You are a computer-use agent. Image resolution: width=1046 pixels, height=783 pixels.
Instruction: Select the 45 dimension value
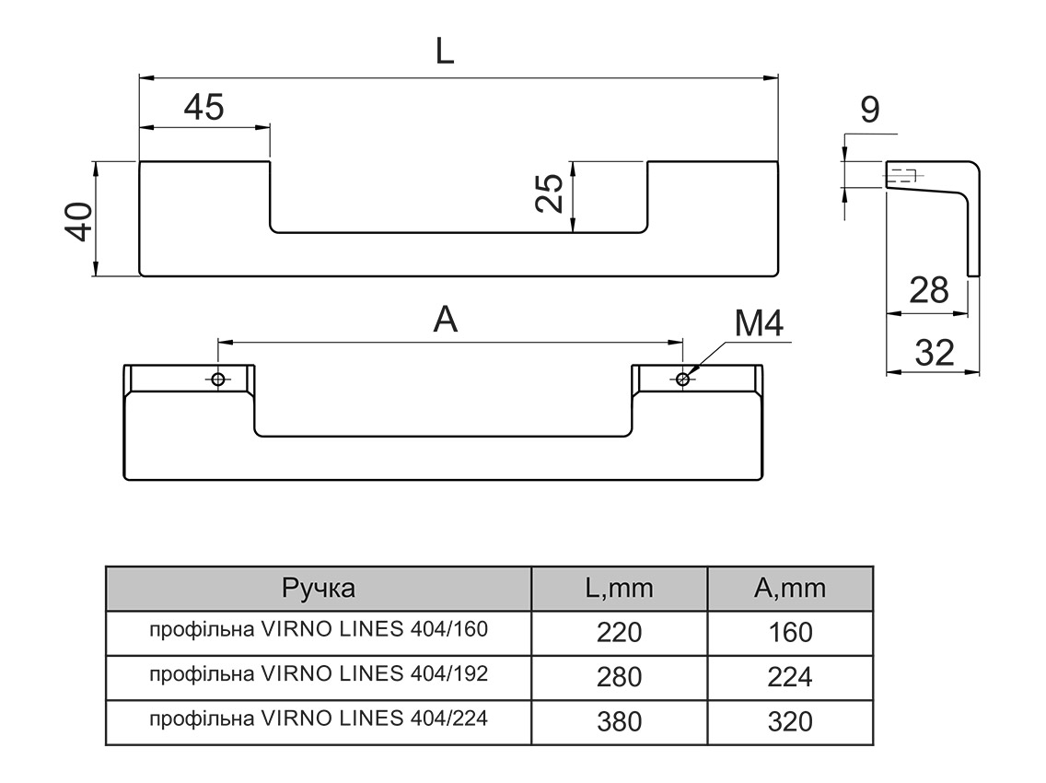pyautogui.click(x=203, y=108)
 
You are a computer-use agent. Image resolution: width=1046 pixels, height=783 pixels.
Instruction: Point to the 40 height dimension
pyautogui.click(x=79, y=220)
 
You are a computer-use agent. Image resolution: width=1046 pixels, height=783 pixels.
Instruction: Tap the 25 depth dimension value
pyautogui.click(x=550, y=194)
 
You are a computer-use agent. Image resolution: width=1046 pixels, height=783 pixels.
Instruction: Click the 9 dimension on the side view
pyautogui.click(x=869, y=110)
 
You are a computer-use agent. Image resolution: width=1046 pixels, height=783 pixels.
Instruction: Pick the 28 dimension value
pyautogui.click(x=927, y=290)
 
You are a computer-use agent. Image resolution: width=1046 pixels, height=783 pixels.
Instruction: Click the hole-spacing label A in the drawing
pyautogui.click(x=446, y=320)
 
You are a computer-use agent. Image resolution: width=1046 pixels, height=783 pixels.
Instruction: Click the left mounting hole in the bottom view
pyautogui.click(x=218, y=380)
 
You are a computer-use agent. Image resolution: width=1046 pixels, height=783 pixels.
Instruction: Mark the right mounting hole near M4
pyautogui.click(x=682, y=379)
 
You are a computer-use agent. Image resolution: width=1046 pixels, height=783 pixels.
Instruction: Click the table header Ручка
pyautogui.click(x=319, y=589)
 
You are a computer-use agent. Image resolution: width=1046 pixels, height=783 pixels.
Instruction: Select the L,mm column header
pyautogui.click(x=619, y=589)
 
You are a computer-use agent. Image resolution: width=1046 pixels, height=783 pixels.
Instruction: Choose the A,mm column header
pyautogui.click(x=789, y=589)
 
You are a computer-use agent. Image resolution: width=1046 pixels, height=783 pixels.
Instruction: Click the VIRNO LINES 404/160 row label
pyautogui.click(x=319, y=631)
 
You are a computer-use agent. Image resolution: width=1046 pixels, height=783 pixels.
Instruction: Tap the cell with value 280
pyautogui.click(x=619, y=677)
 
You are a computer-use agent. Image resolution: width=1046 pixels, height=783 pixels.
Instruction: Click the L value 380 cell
pyautogui.click(x=619, y=720)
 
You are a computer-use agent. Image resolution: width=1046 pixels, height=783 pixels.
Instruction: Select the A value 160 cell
pyautogui.click(x=789, y=633)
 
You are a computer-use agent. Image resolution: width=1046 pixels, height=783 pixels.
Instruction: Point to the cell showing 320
pyautogui.click(x=789, y=720)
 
